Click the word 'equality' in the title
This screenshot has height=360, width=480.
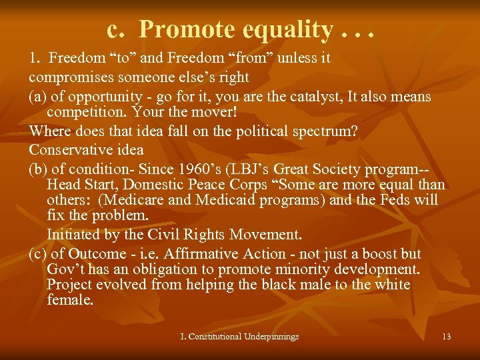(283, 29)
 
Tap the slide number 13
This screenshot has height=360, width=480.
(446, 336)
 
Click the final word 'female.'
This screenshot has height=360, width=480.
(70, 300)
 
